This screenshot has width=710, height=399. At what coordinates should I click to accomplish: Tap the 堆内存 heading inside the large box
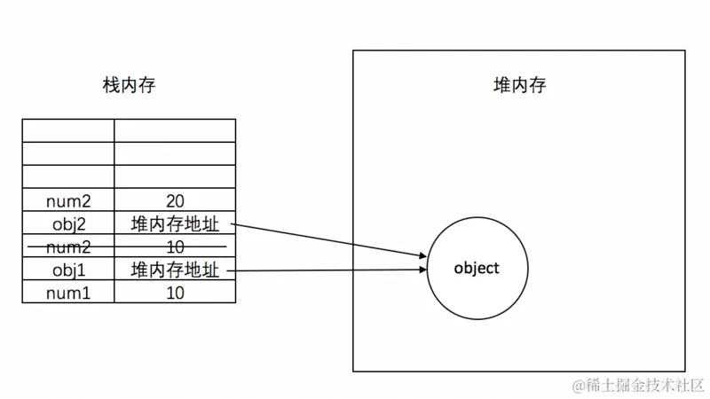point(519,86)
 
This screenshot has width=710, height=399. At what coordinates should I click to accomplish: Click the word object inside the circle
point(477,268)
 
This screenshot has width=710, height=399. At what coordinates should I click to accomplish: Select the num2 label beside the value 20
point(68,200)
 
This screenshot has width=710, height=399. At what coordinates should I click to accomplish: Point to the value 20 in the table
point(175,200)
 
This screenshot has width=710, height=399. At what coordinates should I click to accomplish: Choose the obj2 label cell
point(68,223)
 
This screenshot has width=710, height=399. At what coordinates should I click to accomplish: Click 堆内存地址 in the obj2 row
point(175,223)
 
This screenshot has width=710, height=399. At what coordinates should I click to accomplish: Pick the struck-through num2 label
point(68,246)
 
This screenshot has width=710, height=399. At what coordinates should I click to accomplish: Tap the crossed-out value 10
point(175,246)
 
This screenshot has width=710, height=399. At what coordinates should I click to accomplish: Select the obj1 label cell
point(68,269)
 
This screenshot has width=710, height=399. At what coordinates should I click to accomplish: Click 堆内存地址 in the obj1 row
point(175,269)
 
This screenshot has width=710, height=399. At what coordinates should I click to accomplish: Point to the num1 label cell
point(68,292)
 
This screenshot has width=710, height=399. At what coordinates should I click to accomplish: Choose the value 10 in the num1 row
point(175,292)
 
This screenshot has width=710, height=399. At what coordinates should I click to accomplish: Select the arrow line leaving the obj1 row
point(328,270)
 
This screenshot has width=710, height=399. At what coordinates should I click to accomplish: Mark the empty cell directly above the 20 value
point(175,176)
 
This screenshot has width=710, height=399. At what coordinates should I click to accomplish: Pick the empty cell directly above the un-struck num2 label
point(68,176)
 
